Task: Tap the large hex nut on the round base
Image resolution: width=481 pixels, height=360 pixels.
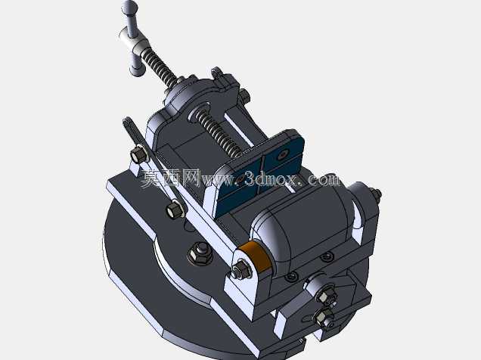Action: pyautogui.click(x=200, y=253)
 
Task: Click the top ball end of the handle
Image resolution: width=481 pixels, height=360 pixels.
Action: pyautogui.click(x=129, y=5)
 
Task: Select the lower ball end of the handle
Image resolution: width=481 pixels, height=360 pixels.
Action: pyautogui.click(x=137, y=70)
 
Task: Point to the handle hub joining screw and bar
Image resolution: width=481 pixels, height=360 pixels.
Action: pyautogui.click(x=134, y=41)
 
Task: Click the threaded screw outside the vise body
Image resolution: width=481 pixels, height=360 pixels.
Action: pyautogui.click(x=159, y=67)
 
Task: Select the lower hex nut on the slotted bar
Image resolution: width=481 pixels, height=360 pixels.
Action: pyautogui.click(x=174, y=209)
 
